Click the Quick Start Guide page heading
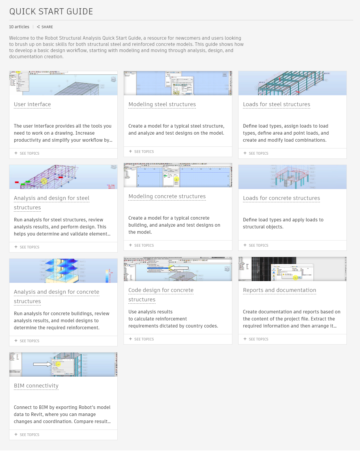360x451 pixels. (x=51, y=11)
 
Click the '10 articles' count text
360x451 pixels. (x=19, y=27)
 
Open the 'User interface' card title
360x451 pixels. (x=32, y=104)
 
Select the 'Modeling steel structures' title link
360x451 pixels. (x=162, y=104)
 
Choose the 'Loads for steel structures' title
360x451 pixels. (x=276, y=104)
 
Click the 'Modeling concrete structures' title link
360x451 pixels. (x=167, y=196)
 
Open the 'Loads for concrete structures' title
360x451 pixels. (x=281, y=198)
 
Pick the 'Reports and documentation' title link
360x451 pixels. (x=279, y=290)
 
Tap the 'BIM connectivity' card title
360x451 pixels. (x=36, y=386)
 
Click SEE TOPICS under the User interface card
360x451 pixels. (x=29, y=153)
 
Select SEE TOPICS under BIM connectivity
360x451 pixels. (x=29, y=435)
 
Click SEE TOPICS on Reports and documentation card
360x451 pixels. (x=259, y=339)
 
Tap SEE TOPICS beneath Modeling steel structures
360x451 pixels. (x=144, y=152)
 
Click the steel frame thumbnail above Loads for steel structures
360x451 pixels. (x=292, y=83)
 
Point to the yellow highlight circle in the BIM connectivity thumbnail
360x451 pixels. (x=58, y=364)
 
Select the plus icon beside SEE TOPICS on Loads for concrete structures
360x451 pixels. (x=245, y=245)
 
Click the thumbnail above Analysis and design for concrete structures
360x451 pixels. (x=63, y=271)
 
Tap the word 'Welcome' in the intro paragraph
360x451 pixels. (x=18, y=38)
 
